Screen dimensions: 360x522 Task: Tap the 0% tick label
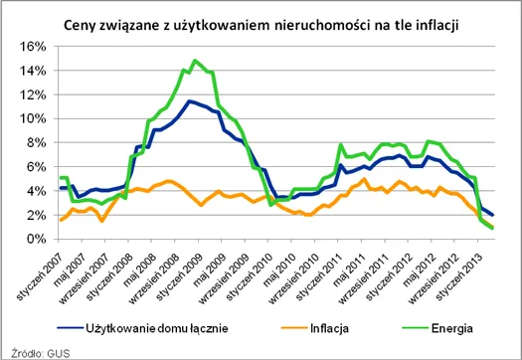pyautogui.click(x=36, y=240)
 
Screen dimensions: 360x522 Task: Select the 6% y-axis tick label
pyautogui.click(x=36, y=167)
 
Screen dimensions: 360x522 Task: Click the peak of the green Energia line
pyautogui.click(x=194, y=61)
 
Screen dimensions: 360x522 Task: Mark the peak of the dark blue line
pyautogui.click(x=190, y=100)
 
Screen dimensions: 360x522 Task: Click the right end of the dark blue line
pyautogui.click(x=494, y=215)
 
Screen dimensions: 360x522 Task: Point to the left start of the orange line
pyautogui.click(x=61, y=220)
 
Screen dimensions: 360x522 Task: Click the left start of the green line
pyautogui.click(x=61, y=177)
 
